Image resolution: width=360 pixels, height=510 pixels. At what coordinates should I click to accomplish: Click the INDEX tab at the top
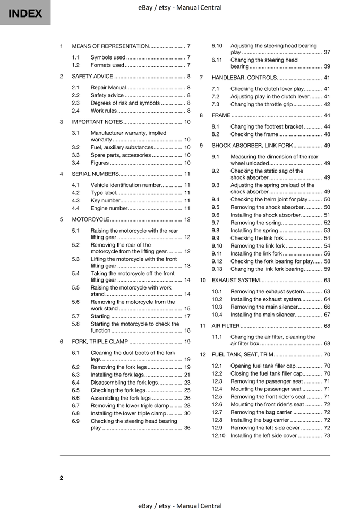[x=25, y=13]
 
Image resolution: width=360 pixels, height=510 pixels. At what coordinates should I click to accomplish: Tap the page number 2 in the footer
[x=62, y=478]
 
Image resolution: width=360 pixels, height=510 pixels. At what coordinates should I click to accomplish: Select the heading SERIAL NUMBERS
[x=95, y=174]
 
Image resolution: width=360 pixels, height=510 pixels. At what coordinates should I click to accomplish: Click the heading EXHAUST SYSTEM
[x=235, y=280]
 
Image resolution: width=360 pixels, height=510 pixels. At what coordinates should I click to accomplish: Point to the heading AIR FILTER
[x=226, y=326]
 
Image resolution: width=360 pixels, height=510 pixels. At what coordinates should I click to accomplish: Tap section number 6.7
[x=75, y=405]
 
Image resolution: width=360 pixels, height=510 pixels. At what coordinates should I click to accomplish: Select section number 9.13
[x=217, y=269]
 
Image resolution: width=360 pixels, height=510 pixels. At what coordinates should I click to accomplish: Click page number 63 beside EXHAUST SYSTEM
[x=327, y=280]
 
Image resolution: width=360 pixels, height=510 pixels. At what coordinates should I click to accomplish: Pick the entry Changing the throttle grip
[x=261, y=104]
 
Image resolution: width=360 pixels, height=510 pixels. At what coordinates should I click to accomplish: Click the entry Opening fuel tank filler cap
[x=263, y=365]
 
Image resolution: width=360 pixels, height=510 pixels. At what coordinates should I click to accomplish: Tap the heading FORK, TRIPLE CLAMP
[x=100, y=342]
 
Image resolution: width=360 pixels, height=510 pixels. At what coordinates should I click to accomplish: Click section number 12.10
[x=219, y=436]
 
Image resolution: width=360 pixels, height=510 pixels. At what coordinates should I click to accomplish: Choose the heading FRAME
[x=221, y=115]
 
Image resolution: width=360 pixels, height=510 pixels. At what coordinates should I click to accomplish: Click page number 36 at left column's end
[x=187, y=428]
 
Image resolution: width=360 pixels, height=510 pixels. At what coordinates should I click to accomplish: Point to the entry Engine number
[x=109, y=208]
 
